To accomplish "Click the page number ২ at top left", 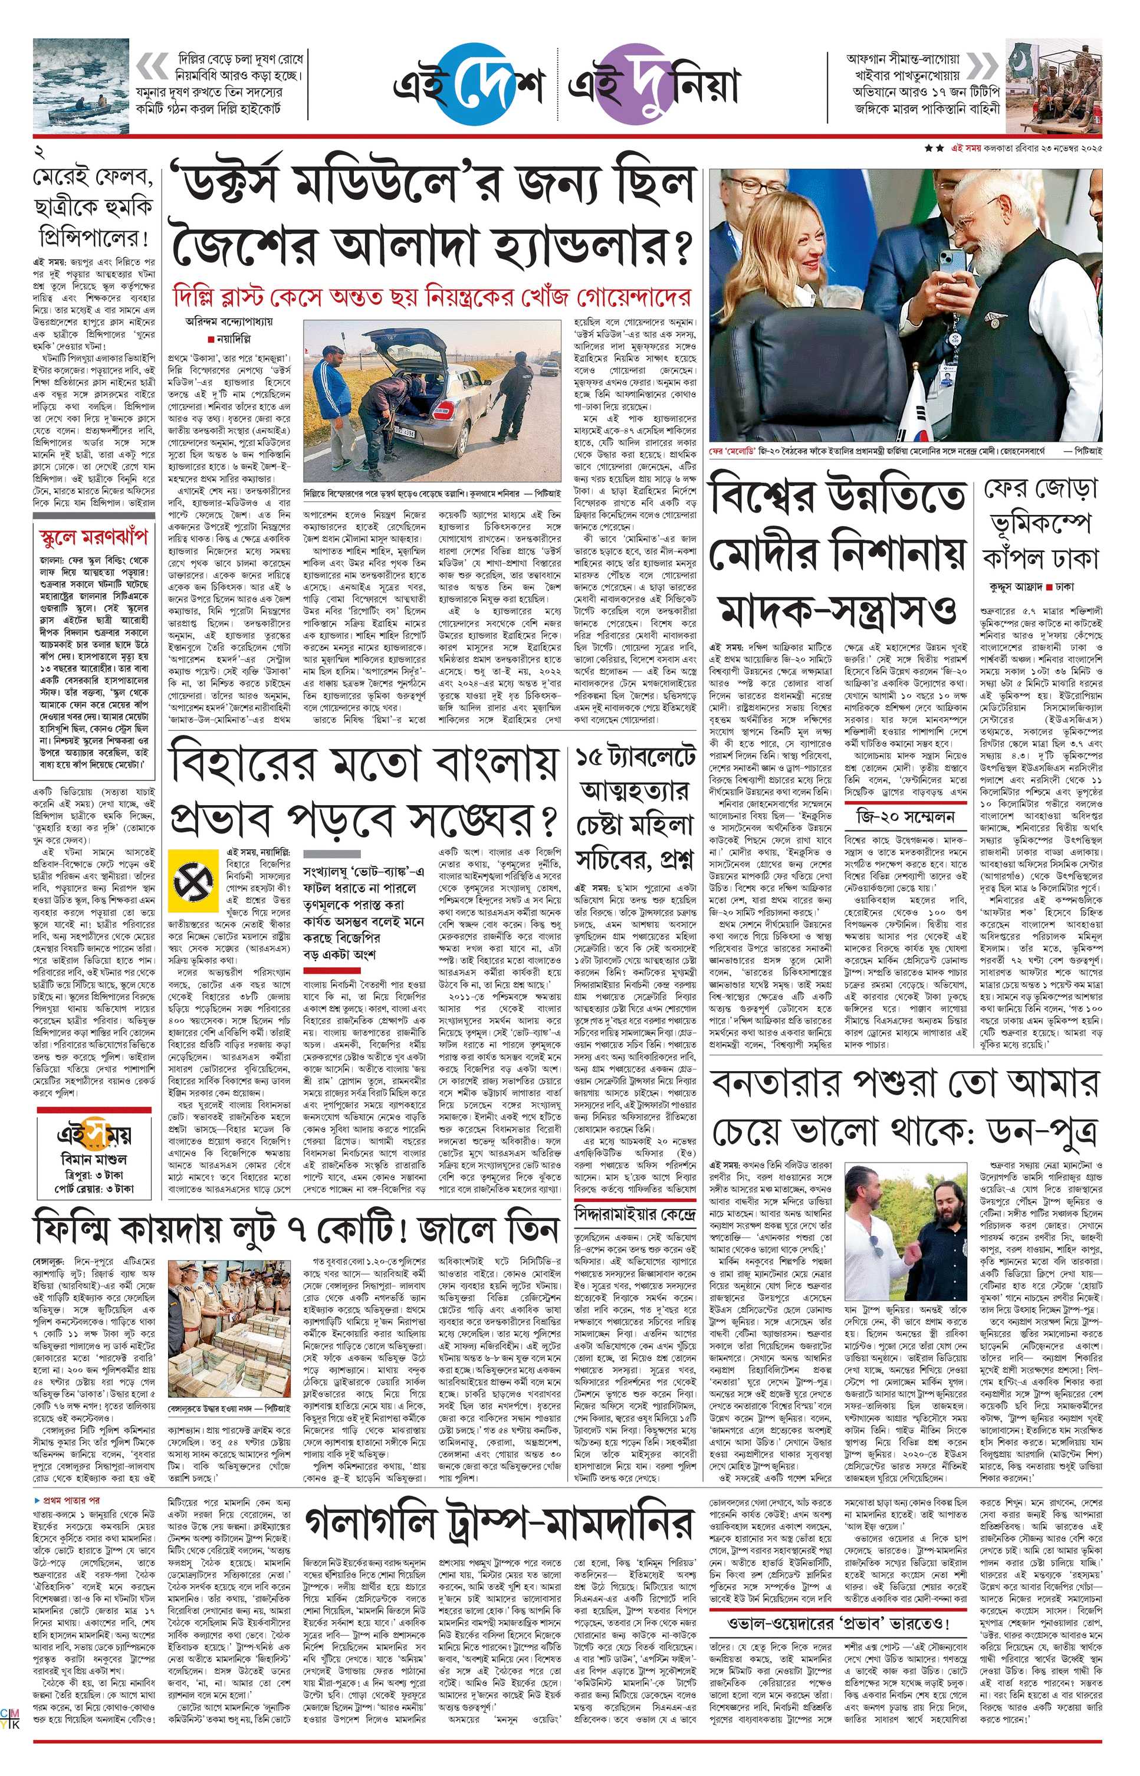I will (40, 153).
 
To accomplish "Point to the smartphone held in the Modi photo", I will (951, 274).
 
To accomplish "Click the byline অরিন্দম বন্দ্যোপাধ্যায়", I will (229, 321).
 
